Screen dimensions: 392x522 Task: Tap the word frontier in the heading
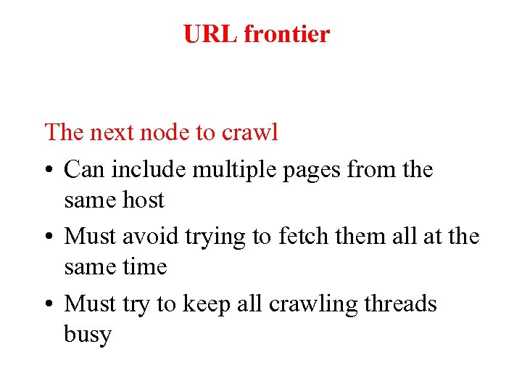[x=286, y=34]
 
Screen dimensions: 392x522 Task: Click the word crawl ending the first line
[x=249, y=133]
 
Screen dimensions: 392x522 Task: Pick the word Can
[x=85, y=170]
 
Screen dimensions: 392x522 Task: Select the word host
[x=143, y=200]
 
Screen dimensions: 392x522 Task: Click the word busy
[x=88, y=335]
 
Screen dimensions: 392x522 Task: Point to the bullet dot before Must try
[x=49, y=305]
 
